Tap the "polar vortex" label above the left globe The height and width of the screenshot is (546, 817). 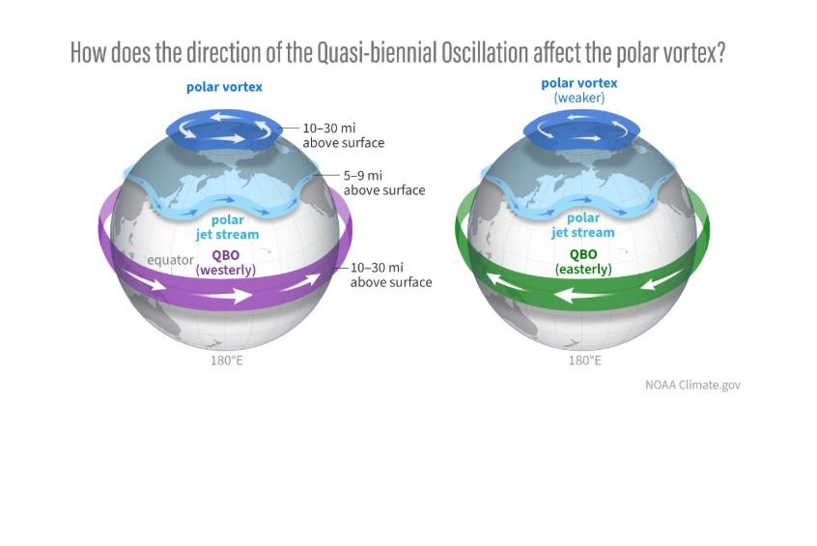tap(224, 87)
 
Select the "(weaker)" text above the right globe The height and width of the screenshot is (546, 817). tap(578, 98)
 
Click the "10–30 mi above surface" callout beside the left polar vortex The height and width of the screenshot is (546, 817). tap(344, 135)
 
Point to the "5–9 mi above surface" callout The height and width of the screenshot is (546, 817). tap(384, 183)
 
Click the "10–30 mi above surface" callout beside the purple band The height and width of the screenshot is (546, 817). tap(391, 274)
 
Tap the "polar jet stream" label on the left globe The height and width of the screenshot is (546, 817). tap(227, 227)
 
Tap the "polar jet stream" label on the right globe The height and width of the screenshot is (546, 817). tap(583, 225)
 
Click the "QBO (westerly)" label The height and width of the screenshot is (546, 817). tap(226, 262)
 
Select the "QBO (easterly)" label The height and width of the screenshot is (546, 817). tap(583, 262)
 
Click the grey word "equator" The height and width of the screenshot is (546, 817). tap(170, 260)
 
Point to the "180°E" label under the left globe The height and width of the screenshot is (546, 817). tap(227, 360)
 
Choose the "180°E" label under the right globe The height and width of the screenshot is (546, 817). tap(584, 360)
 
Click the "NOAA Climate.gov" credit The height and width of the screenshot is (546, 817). tap(692, 385)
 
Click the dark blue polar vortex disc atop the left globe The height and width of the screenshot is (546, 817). tap(224, 129)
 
